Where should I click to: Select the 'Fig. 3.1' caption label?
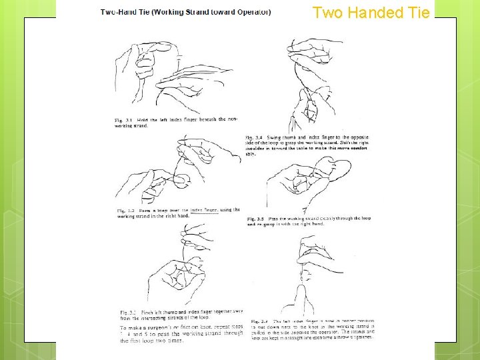click(x=123, y=119)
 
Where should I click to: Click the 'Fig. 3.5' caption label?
click(x=256, y=218)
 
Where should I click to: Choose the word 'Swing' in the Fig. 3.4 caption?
click(x=279, y=137)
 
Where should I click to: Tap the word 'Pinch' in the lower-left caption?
click(x=146, y=312)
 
